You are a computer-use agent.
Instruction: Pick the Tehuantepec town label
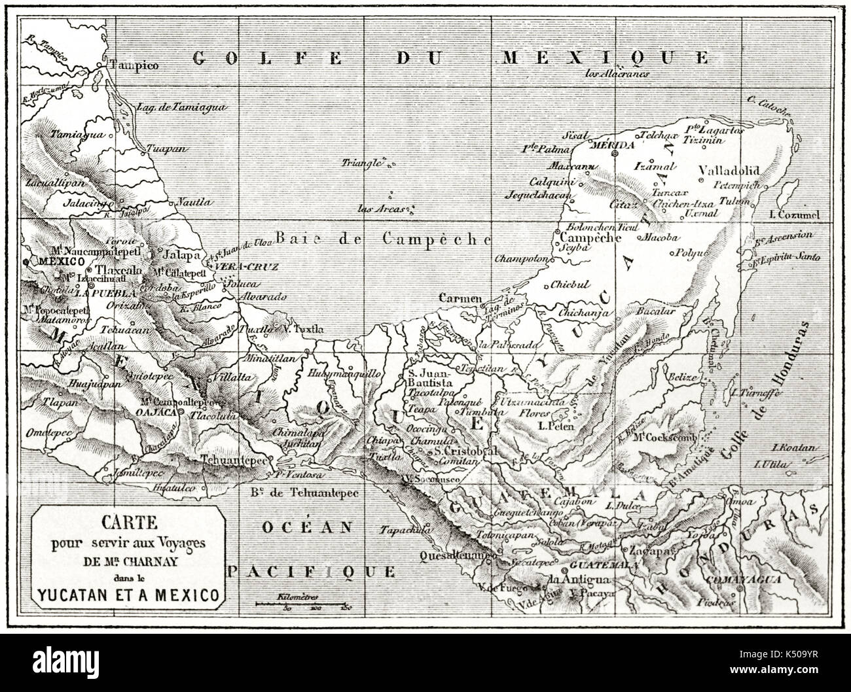click(235, 460)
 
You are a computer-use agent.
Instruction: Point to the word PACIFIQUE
click(312, 570)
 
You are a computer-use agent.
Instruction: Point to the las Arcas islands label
click(380, 210)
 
